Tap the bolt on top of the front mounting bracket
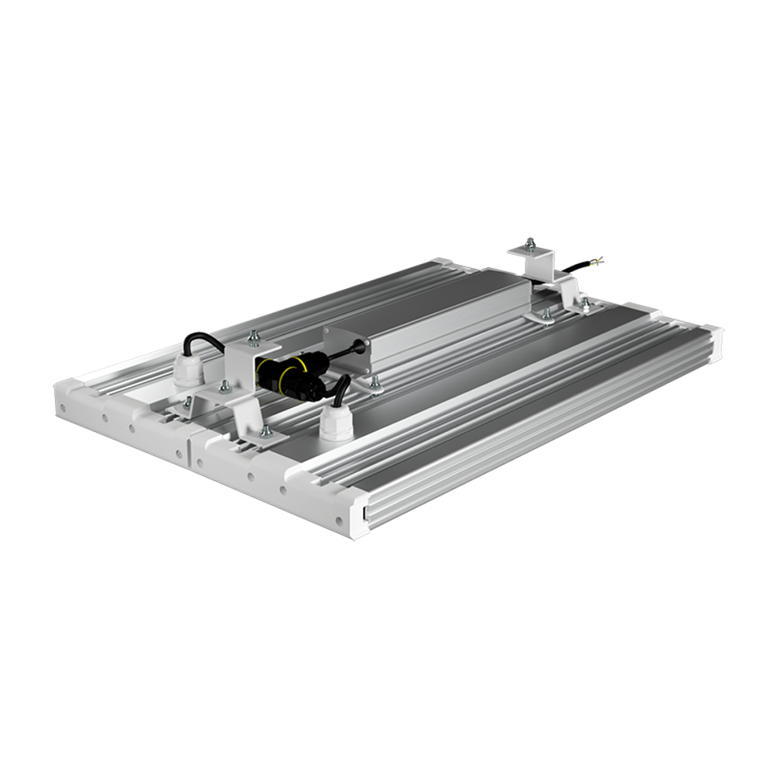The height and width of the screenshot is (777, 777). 252,337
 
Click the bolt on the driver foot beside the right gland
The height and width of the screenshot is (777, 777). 375,382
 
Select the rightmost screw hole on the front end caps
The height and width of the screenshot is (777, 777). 340,519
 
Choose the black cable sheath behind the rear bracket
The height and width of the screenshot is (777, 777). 579,267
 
